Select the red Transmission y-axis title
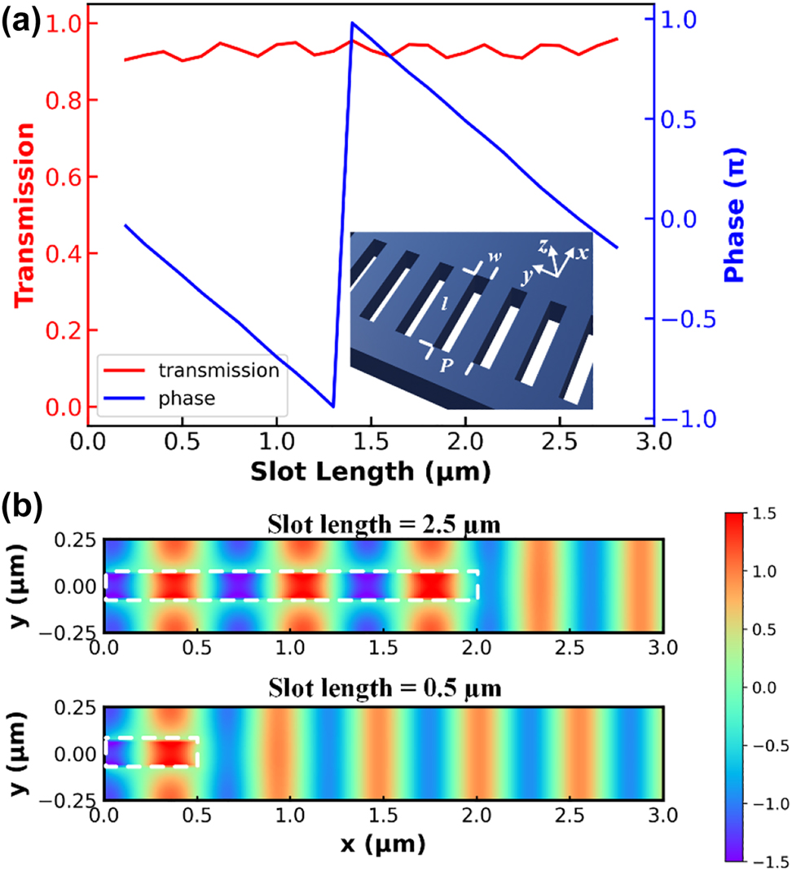coord(25,214)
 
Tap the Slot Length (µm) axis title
coord(371,470)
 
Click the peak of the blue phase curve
coord(352,23)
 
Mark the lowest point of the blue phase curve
coord(332,406)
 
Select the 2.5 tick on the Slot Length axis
coord(559,444)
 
